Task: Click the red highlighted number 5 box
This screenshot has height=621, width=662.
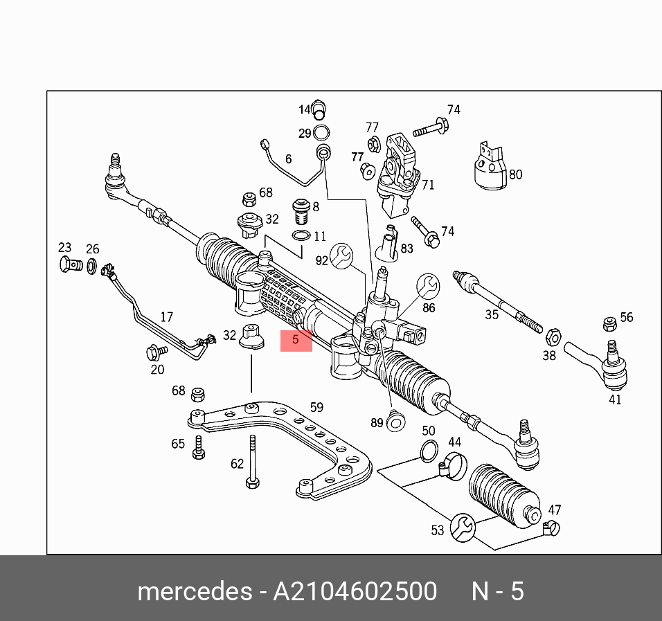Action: coord(296,341)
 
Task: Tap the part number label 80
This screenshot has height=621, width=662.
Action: coord(515,174)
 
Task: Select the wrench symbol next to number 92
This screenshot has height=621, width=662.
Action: coord(341,256)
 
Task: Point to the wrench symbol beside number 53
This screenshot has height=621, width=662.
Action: coord(462,528)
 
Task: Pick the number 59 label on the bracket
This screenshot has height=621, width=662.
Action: coord(316,407)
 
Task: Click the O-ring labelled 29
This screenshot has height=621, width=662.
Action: coord(321,133)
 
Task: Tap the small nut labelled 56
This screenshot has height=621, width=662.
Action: coord(610,323)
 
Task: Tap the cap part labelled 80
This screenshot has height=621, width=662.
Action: coord(490,167)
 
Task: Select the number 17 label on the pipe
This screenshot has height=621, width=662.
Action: coord(166,317)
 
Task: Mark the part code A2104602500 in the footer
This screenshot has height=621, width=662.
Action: coord(355,592)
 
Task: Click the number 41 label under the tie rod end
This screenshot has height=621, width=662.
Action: coord(615,399)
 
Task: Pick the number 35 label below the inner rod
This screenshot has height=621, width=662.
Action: coord(492,315)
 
